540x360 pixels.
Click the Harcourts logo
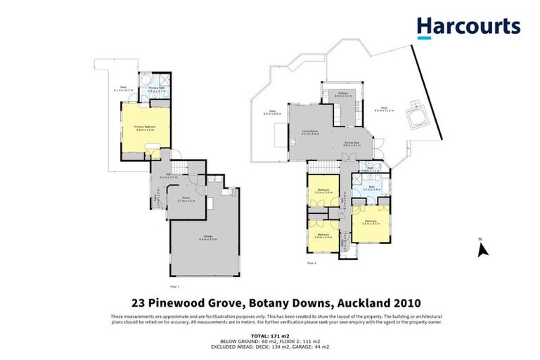point(468,27)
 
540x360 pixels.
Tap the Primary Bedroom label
point(145,127)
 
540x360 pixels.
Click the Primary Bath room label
point(156,89)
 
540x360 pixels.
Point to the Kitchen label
point(342,94)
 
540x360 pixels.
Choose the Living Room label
point(310,131)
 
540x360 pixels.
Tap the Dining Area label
point(352,144)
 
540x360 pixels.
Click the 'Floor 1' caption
point(175,287)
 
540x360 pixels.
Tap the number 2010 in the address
point(391,303)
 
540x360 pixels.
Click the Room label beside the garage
point(187,199)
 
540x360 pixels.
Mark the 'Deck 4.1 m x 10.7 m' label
point(124,89)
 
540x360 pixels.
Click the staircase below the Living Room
point(324,167)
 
